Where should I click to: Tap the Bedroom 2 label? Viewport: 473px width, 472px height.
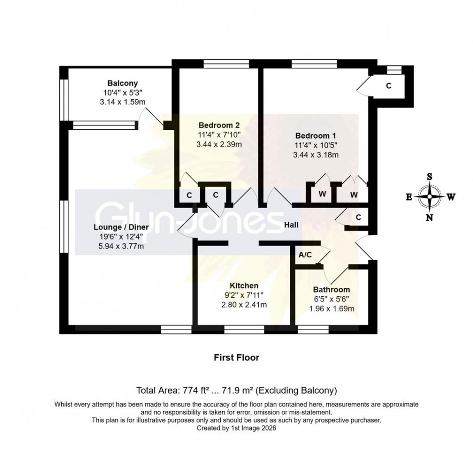[219, 125]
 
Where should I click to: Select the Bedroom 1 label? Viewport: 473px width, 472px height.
[315, 136]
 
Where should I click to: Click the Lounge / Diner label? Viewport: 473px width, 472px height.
[121, 227]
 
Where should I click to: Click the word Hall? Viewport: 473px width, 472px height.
[291, 225]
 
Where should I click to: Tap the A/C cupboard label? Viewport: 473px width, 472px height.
[305, 255]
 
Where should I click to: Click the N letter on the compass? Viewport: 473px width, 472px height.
[430, 217]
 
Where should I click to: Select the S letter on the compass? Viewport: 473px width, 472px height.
[430, 177]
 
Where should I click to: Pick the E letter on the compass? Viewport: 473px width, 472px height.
[409, 197]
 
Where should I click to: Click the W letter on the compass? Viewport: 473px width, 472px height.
[451, 197]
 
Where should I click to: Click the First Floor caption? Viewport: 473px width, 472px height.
[236, 357]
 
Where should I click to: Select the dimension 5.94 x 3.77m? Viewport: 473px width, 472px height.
[121, 246]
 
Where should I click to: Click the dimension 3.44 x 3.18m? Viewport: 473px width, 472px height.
[315, 155]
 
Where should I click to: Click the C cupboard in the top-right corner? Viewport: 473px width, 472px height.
[389, 86]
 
